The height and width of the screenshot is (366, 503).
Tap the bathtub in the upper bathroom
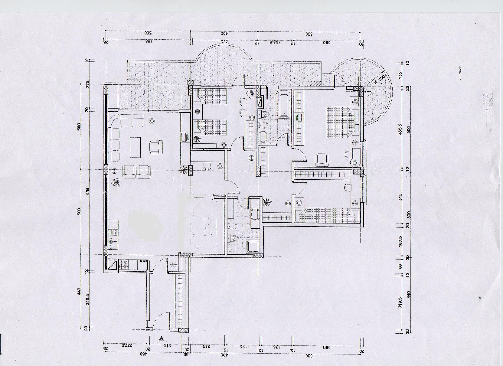tap(284, 104)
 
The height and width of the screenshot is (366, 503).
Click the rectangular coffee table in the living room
tap(135, 146)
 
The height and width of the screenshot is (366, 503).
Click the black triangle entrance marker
tap(161, 339)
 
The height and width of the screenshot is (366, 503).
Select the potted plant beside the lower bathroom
tap(268, 202)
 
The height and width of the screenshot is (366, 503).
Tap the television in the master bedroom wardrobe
tap(299, 118)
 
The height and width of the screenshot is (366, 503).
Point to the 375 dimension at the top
tap(223, 41)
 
